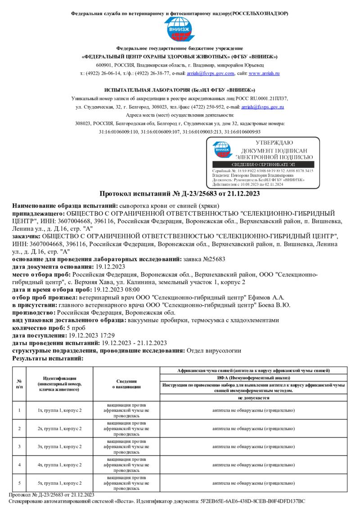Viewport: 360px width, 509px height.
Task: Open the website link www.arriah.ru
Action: (264, 73)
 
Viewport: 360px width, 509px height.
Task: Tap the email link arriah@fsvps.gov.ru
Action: (262, 107)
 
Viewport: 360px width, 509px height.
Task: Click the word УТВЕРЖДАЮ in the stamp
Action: (274, 143)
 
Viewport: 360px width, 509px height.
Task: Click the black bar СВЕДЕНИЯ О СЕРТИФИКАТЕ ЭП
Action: (263, 165)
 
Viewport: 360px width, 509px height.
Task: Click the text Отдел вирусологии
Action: (214, 350)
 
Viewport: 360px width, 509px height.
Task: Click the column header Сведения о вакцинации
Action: (126, 384)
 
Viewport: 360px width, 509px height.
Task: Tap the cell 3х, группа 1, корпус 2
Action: (59, 446)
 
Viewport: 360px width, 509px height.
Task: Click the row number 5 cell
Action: (19, 483)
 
